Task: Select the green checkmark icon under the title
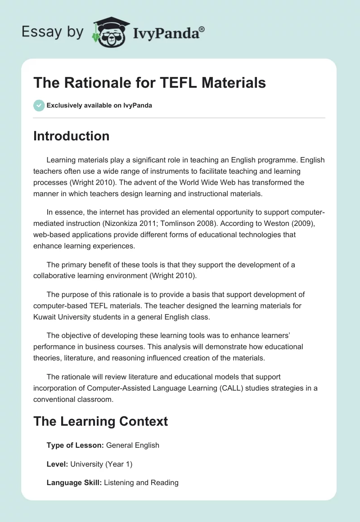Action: (x=39, y=106)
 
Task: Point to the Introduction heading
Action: (x=71, y=136)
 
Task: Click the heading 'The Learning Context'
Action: (x=100, y=421)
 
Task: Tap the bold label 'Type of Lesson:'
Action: (x=75, y=445)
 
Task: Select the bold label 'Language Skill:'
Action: (x=74, y=482)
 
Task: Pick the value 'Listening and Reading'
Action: (x=141, y=482)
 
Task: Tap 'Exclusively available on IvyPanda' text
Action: (x=99, y=106)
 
